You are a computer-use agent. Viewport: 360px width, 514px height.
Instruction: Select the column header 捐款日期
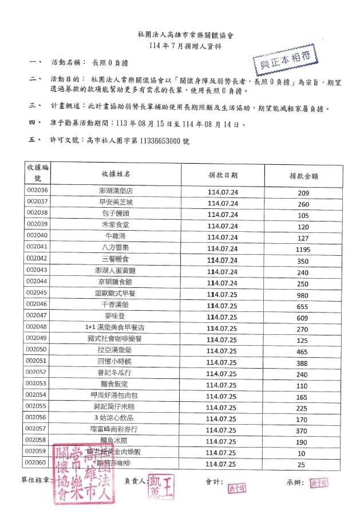point(223,175)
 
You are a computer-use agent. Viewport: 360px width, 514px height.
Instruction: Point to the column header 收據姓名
point(116,173)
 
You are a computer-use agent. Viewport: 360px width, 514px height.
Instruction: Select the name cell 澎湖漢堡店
point(116,191)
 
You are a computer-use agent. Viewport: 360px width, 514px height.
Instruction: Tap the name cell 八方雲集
point(116,247)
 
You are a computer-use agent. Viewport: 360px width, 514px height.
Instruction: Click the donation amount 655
point(303,306)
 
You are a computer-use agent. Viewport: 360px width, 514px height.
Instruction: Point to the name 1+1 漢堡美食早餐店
point(116,327)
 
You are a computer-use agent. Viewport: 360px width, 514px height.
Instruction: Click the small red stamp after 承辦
point(319,483)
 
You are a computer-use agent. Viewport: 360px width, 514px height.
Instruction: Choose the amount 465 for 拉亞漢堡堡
point(303,351)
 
